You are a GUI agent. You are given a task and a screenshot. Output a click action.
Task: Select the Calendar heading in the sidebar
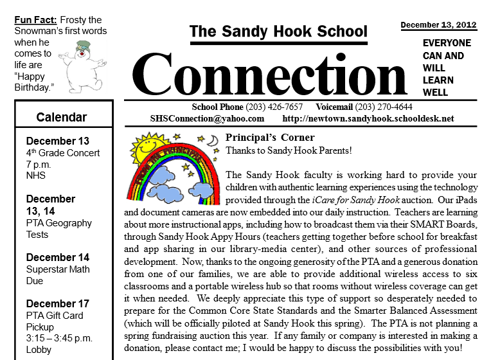point(62,117)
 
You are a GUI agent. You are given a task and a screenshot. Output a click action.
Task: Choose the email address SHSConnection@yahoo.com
point(207,119)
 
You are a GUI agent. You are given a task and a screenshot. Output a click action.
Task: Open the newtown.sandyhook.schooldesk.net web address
point(368,119)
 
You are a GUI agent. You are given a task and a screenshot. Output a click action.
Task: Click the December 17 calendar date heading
point(58,303)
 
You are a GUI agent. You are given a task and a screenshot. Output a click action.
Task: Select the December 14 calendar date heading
point(58,257)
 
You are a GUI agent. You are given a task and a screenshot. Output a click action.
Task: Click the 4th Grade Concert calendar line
point(63,153)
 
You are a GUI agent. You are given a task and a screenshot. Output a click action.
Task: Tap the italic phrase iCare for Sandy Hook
point(356,199)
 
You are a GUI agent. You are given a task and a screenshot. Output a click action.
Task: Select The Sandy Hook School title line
point(278,31)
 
